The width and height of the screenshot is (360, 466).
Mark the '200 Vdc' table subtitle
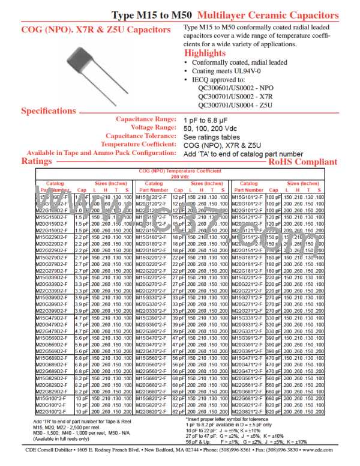pyautogui.click(x=181, y=177)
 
